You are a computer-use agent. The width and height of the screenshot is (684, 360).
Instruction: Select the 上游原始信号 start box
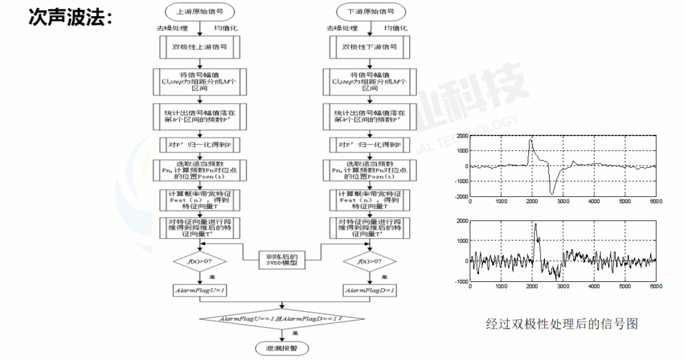[x=200, y=11]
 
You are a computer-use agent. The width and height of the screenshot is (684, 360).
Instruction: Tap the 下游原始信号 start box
[x=369, y=11]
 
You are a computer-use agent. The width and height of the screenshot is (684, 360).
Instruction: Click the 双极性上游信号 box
[x=200, y=47]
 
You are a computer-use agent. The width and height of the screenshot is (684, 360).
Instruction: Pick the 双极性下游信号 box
[x=369, y=47]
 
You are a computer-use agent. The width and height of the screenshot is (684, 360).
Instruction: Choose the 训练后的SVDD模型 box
[x=285, y=259]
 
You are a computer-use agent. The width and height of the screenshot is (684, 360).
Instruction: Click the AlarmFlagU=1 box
[x=200, y=291]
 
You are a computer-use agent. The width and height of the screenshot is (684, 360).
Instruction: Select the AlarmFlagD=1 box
[x=369, y=291]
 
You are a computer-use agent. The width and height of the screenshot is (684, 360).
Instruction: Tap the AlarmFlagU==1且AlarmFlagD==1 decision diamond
[x=285, y=319]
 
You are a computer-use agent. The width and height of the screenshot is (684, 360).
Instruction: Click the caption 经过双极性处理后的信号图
[x=561, y=324]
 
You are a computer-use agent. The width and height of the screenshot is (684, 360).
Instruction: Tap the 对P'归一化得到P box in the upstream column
[x=200, y=144]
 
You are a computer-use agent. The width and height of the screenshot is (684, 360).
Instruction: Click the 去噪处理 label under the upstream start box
[x=172, y=29]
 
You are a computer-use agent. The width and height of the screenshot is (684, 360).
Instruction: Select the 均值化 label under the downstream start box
[x=393, y=29]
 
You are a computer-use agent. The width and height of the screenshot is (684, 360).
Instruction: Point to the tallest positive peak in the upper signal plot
[x=530, y=140]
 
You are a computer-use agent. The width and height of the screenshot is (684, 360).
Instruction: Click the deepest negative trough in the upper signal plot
[x=552, y=193]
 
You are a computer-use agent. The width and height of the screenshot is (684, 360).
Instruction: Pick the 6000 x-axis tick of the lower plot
[x=655, y=287]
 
